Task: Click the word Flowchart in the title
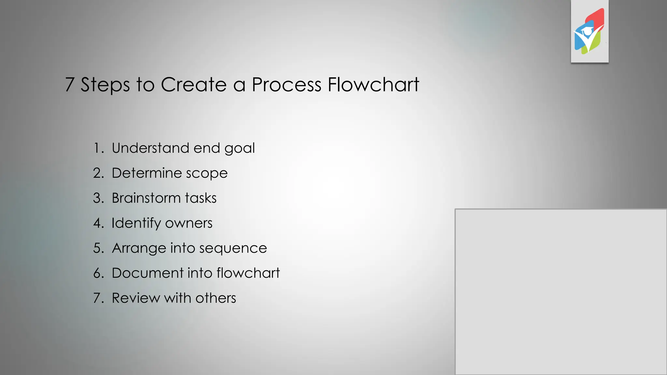373,85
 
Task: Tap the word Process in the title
287,85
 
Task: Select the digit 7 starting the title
69,85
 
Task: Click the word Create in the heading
194,85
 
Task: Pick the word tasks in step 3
201,198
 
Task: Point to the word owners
189,223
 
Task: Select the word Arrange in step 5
139,248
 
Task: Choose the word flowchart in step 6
248,273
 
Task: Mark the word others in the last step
216,298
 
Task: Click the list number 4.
97,223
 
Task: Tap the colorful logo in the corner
589,32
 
